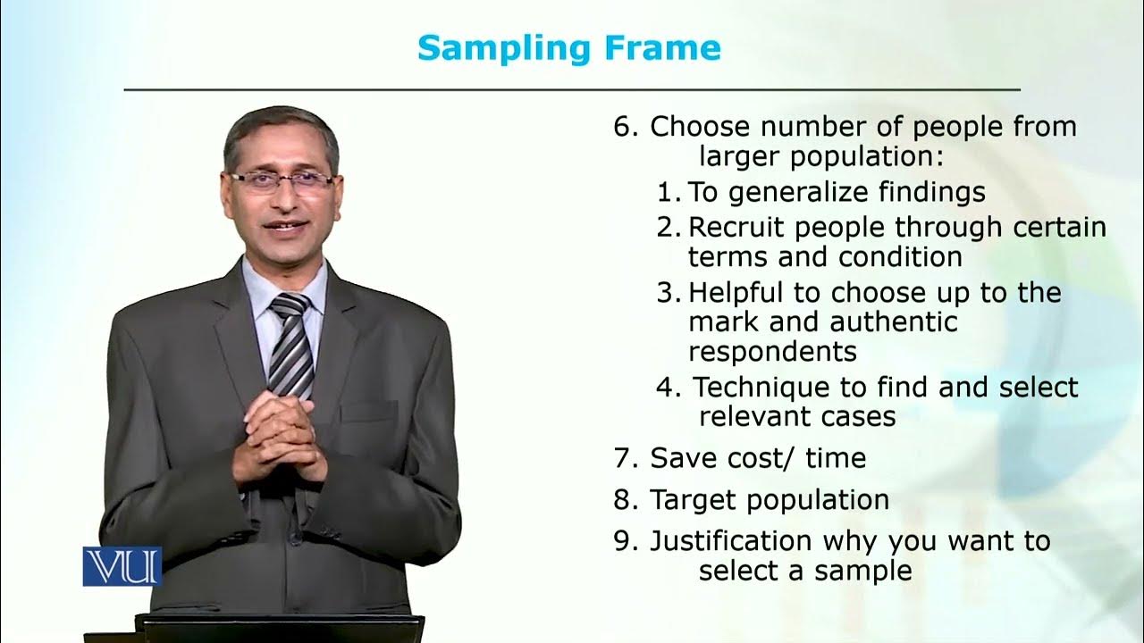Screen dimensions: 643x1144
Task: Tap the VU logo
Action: tap(122, 566)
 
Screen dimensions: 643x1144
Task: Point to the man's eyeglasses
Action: tap(281, 181)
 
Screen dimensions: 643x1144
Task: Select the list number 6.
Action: tap(622, 127)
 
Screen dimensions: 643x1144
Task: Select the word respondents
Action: tap(772, 351)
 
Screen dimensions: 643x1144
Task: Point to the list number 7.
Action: tap(622, 458)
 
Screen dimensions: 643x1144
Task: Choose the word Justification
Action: tap(731, 541)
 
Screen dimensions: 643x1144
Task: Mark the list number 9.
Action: tap(622, 541)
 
